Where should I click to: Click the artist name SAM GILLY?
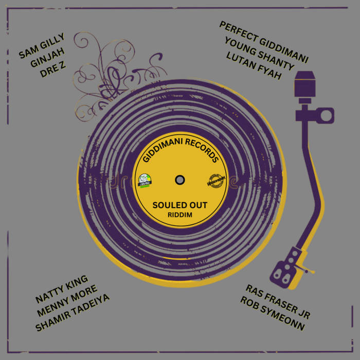point(42,46)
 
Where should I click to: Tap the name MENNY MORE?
point(67,302)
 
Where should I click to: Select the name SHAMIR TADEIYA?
point(73,313)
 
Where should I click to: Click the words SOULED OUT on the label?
point(180,205)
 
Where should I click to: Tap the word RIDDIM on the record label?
point(180,214)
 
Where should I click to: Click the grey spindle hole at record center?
point(180,179)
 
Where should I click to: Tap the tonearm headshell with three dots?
point(289,261)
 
